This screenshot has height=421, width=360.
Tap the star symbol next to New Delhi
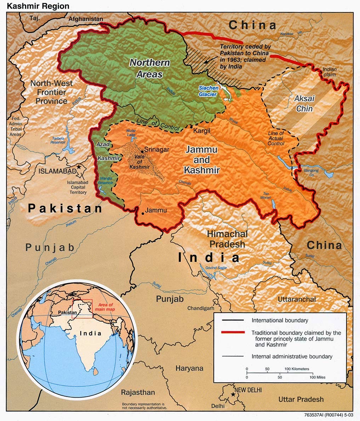coord(233,394)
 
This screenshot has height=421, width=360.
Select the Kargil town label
coord(202,131)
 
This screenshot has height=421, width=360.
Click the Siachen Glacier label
coord(208,91)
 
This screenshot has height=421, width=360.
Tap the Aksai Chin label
coord(304,103)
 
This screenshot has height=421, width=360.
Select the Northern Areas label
coord(149,68)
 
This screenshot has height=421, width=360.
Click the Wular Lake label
coord(131,133)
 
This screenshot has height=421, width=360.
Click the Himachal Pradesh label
coord(227,239)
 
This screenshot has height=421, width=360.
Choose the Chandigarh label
coord(201,308)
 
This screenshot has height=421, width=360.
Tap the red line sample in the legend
coord(233,332)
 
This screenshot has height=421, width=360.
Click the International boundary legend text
coord(280,320)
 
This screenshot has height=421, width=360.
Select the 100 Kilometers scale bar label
coord(296,369)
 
